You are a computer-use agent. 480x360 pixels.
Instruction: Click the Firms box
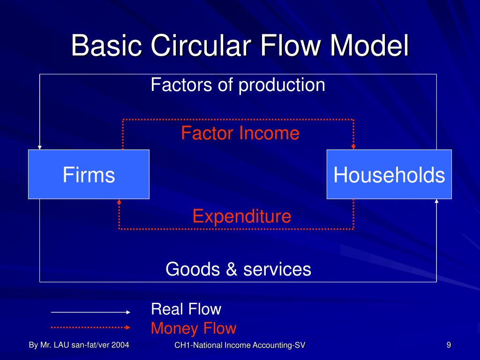point(89,175)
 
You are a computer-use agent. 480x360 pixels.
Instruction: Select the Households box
point(389,175)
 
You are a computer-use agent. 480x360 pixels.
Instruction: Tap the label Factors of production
point(238,85)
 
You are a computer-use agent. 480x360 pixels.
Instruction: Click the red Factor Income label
point(240,134)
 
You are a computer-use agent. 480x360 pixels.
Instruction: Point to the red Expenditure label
point(241,217)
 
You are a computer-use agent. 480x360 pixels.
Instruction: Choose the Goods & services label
point(238,270)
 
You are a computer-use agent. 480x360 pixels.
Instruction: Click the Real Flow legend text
point(186,309)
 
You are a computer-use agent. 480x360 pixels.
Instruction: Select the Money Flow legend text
point(193,329)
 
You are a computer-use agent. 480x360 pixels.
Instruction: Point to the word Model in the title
point(369,46)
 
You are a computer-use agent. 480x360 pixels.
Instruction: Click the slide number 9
point(449,345)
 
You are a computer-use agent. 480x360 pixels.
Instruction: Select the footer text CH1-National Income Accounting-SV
point(240,346)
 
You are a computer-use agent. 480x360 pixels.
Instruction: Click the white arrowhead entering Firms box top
point(40,147)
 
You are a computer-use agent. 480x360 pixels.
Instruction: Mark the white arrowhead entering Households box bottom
point(436,202)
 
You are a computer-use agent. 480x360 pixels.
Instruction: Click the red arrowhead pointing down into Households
point(353,147)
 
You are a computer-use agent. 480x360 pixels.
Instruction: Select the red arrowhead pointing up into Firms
point(119,202)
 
